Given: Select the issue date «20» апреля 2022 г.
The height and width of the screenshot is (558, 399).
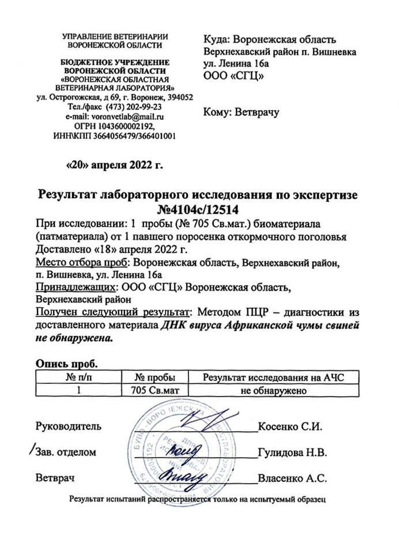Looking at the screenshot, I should click(115, 167).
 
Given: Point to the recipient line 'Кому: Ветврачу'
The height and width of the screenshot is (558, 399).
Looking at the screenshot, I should click(242, 112).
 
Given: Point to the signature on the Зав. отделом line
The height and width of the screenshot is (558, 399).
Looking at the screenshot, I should click(185, 448).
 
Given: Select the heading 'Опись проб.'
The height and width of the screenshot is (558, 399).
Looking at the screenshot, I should click(67, 364).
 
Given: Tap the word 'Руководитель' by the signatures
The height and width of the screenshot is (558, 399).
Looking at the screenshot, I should click(69, 427).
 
